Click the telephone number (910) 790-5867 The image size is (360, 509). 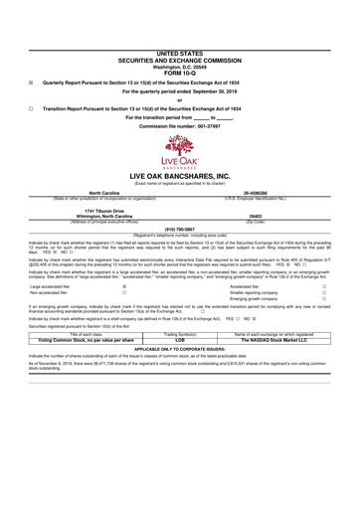tap(179, 228)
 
